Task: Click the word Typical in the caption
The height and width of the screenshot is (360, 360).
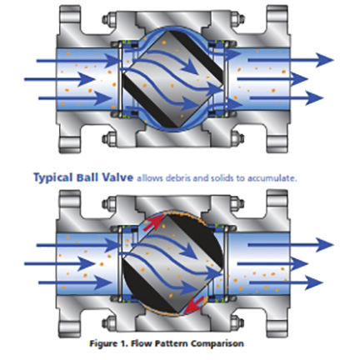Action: click(x=52, y=177)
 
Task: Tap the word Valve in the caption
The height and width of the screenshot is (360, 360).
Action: click(x=117, y=177)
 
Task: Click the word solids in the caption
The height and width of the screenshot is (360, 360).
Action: click(x=221, y=178)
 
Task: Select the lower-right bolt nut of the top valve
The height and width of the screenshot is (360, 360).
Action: click(x=237, y=138)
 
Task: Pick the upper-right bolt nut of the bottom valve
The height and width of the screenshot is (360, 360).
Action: click(x=237, y=203)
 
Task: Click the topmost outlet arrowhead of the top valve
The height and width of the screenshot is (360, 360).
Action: click(x=324, y=60)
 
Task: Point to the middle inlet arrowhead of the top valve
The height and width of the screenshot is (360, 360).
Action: click(x=87, y=79)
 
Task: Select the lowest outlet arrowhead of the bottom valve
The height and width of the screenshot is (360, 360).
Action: click(x=314, y=282)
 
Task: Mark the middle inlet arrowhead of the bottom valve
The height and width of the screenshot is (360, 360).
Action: click(x=87, y=264)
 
